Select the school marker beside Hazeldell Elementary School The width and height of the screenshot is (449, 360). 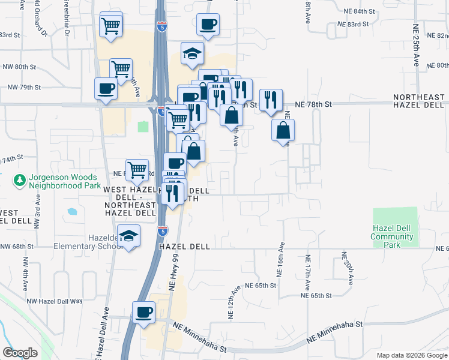(x=129, y=235)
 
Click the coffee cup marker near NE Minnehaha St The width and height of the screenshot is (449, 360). (x=144, y=313)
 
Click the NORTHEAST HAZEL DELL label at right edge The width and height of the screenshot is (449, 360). (x=418, y=101)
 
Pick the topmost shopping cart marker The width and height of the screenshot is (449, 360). (x=111, y=26)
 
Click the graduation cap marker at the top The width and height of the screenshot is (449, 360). (x=193, y=54)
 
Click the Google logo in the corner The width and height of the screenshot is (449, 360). (x=20, y=353)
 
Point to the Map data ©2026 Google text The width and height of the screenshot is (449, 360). (x=411, y=355)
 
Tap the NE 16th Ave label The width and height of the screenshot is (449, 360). (x=280, y=260)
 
